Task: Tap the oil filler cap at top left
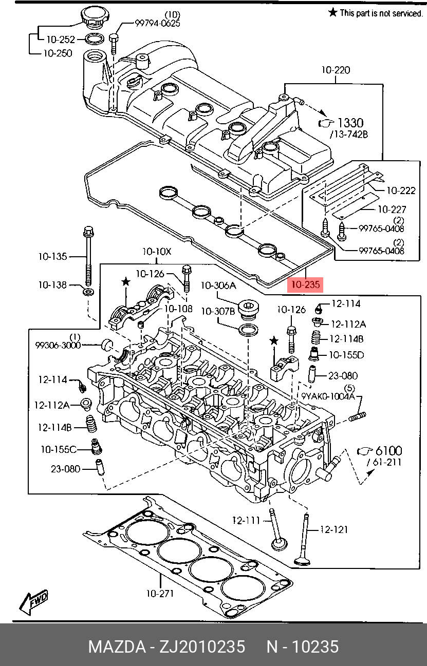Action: pos(92,17)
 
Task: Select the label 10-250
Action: pos(58,53)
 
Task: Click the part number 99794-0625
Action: pos(158,23)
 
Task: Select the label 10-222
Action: pos(401,191)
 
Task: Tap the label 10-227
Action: pos(392,210)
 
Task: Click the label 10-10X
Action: pos(157,252)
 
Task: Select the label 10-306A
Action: pos(218,286)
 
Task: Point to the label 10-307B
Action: pos(218,311)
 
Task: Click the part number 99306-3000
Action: pos(58,346)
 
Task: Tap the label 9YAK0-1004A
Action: pos(328,396)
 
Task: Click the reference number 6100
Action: pos(388,451)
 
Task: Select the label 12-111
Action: pos(246,520)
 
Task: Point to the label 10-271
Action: pos(160,594)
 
